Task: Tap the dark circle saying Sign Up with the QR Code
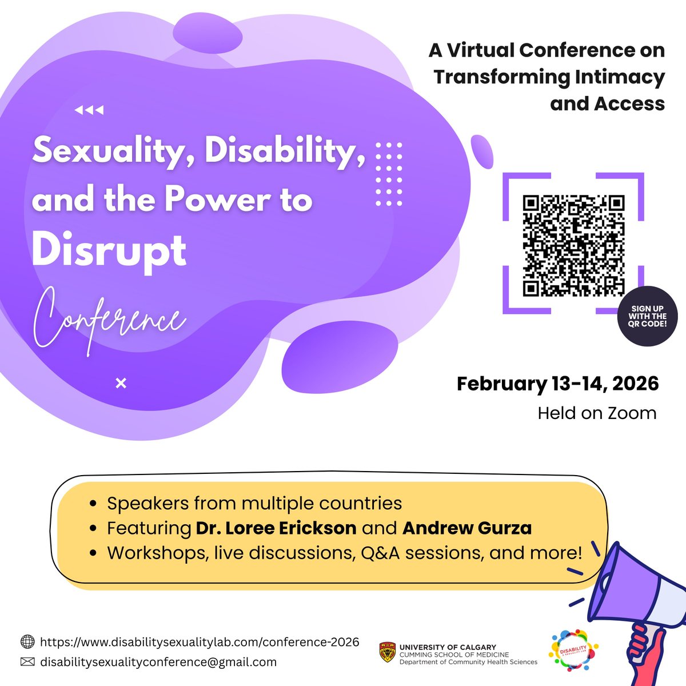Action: click(647, 316)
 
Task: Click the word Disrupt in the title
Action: click(109, 250)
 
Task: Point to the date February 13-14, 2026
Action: click(557, 383)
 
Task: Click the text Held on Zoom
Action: click(597, 413)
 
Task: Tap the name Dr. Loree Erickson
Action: click(276, 528)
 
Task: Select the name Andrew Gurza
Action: click(467, 528)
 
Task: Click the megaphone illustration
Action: click(635, 606)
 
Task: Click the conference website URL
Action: click(200, 641)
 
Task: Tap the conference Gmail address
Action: click(158, 662)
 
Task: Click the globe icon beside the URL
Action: click(27, 641)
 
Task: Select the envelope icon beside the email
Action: click(27, 662)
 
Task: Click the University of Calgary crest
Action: click(386, 652)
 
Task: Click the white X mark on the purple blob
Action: click(121, 384)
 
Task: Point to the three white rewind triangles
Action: click(89, 110)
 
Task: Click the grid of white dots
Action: click(389, 174)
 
